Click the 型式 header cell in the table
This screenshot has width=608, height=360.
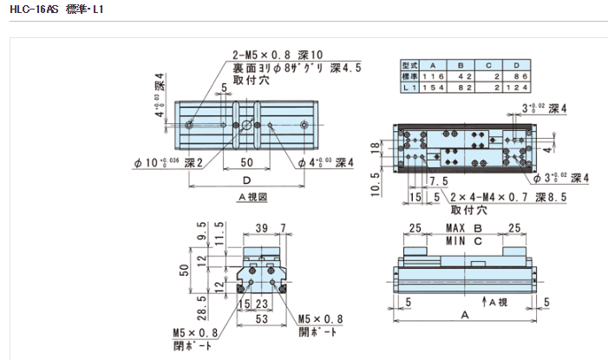pyautogui.click(x=410, y=65)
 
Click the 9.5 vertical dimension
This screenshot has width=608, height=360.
pyautogui.click(x=202, y=239)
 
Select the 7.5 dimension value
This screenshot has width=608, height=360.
pyautogui.click(x=438, y=180)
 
